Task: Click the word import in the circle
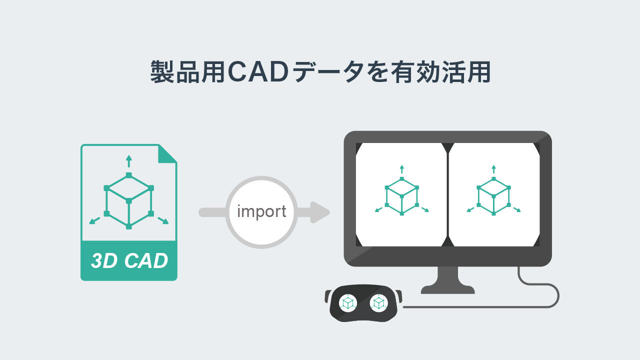point(261,211)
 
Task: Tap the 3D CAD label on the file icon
point(129,260)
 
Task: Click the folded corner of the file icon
point(167,154)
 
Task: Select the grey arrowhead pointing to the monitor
point(320,212)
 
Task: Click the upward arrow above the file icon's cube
point(129,161)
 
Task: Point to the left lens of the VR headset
point(348,303)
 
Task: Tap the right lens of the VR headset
point(379,303)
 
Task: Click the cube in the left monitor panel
point(401,196)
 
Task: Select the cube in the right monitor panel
point(493,196)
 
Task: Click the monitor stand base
point(447,289)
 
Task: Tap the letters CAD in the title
point(258,71)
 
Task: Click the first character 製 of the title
point(162,71)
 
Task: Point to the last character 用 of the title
point(479,71)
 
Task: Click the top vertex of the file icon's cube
point(129,175)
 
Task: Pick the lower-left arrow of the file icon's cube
point(94,220)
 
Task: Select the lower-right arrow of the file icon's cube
point(163,220)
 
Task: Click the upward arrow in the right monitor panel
point(493,169)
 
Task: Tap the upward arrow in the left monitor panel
point(402,169)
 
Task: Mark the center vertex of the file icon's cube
point(129,201)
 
